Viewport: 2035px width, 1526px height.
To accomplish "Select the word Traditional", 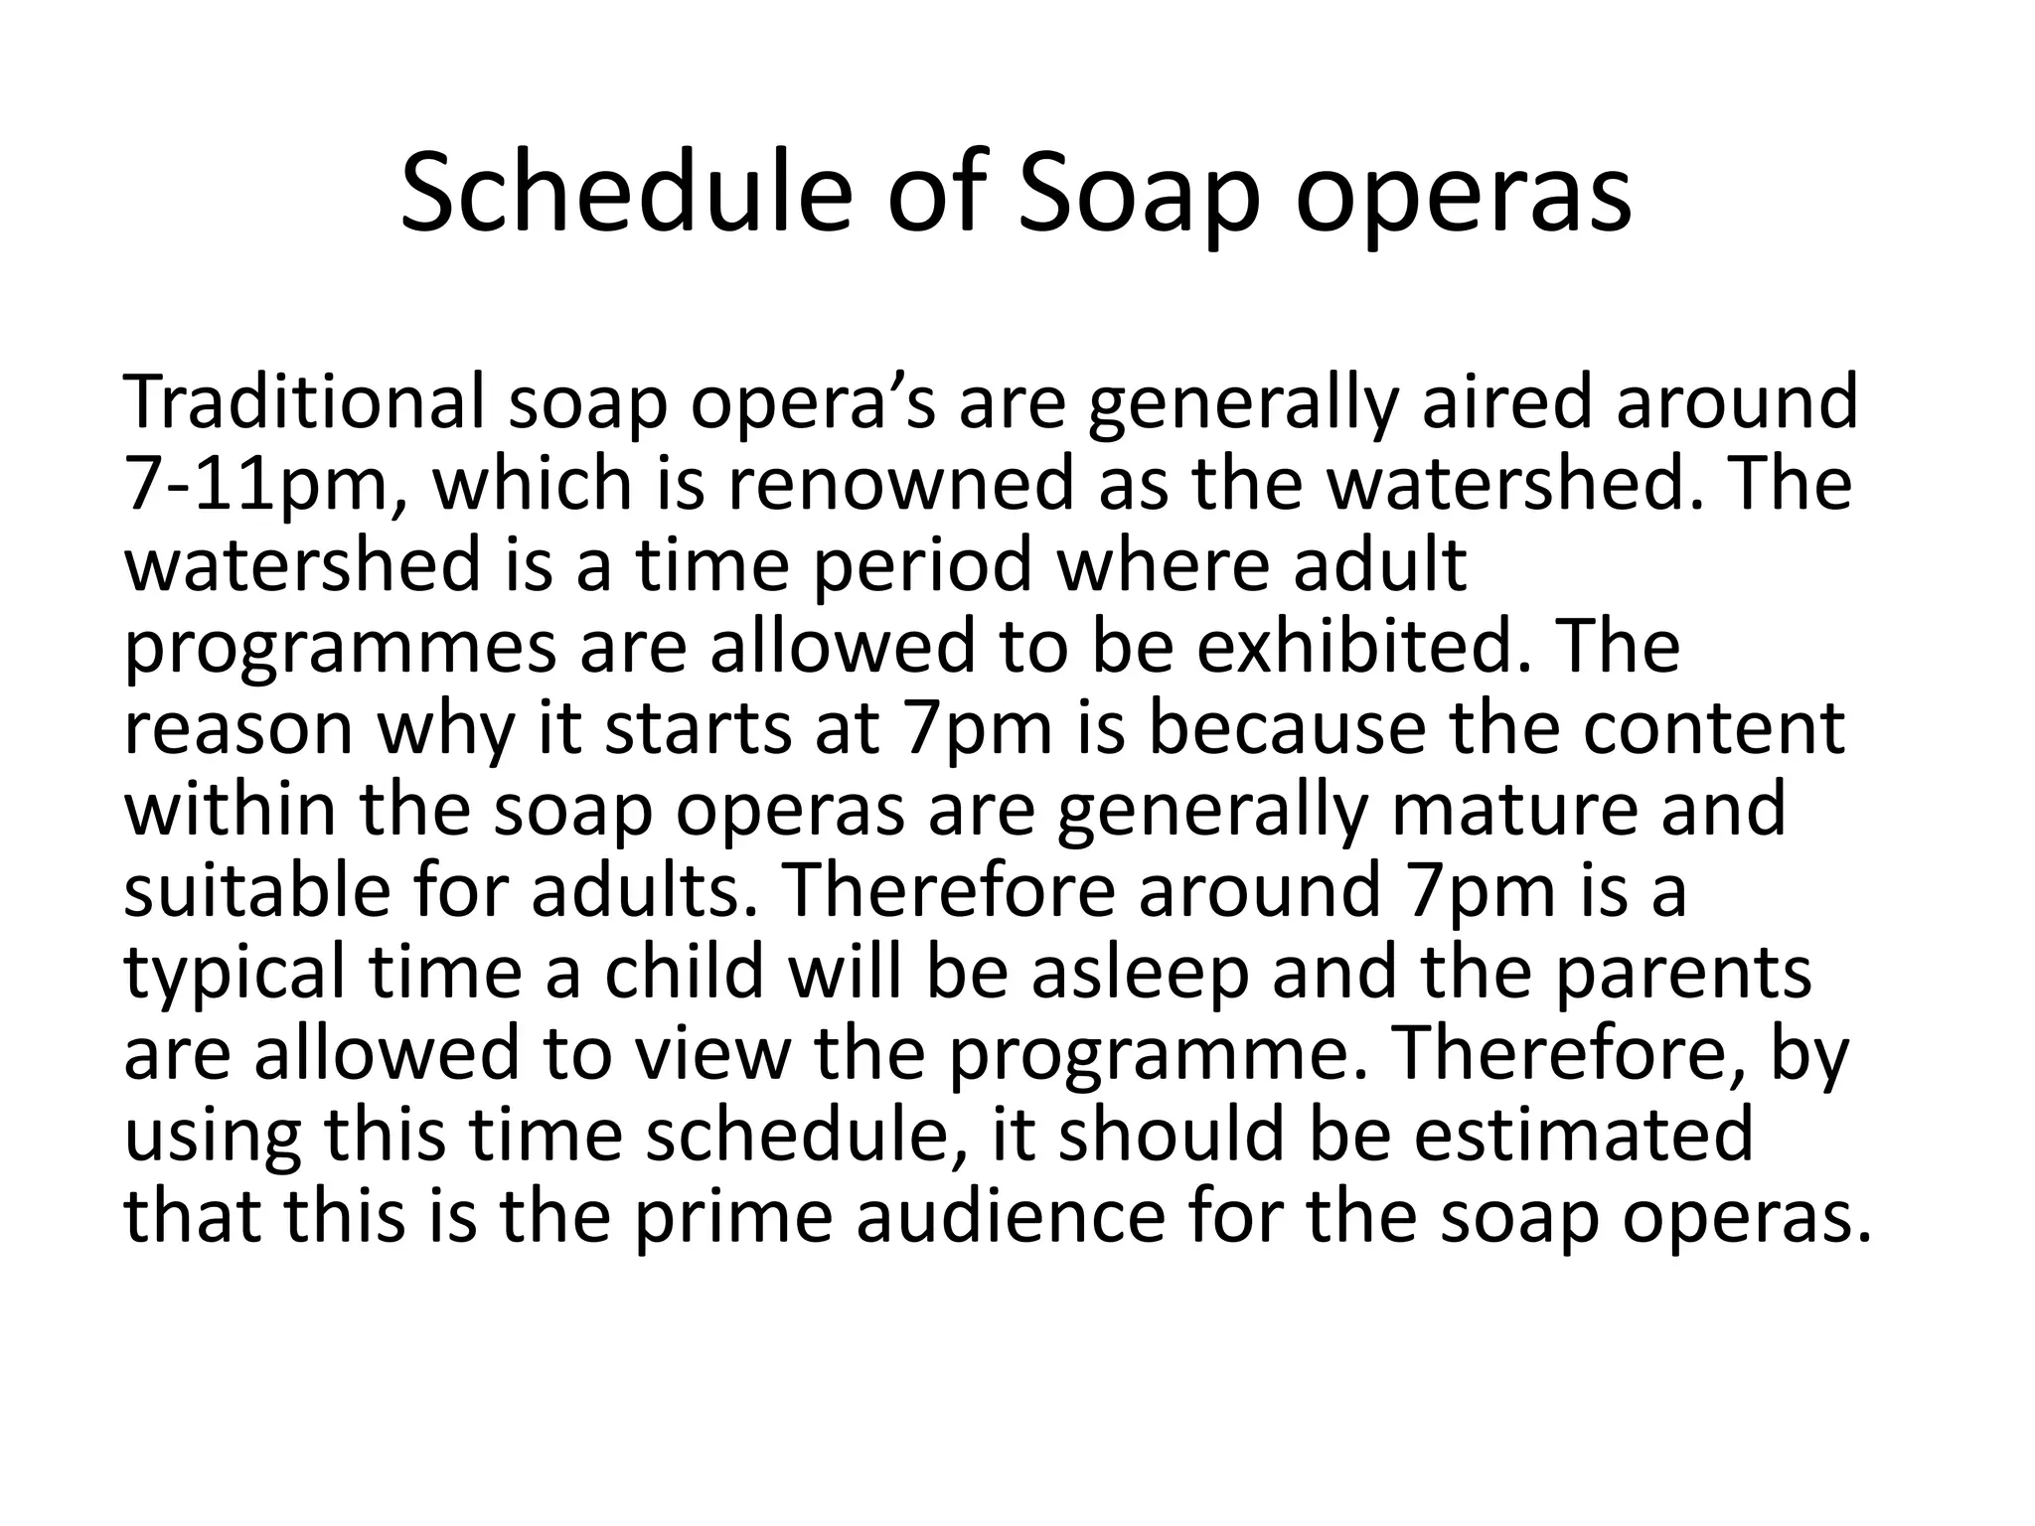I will point(304,401).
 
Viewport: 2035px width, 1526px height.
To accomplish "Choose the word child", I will point(685,972).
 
